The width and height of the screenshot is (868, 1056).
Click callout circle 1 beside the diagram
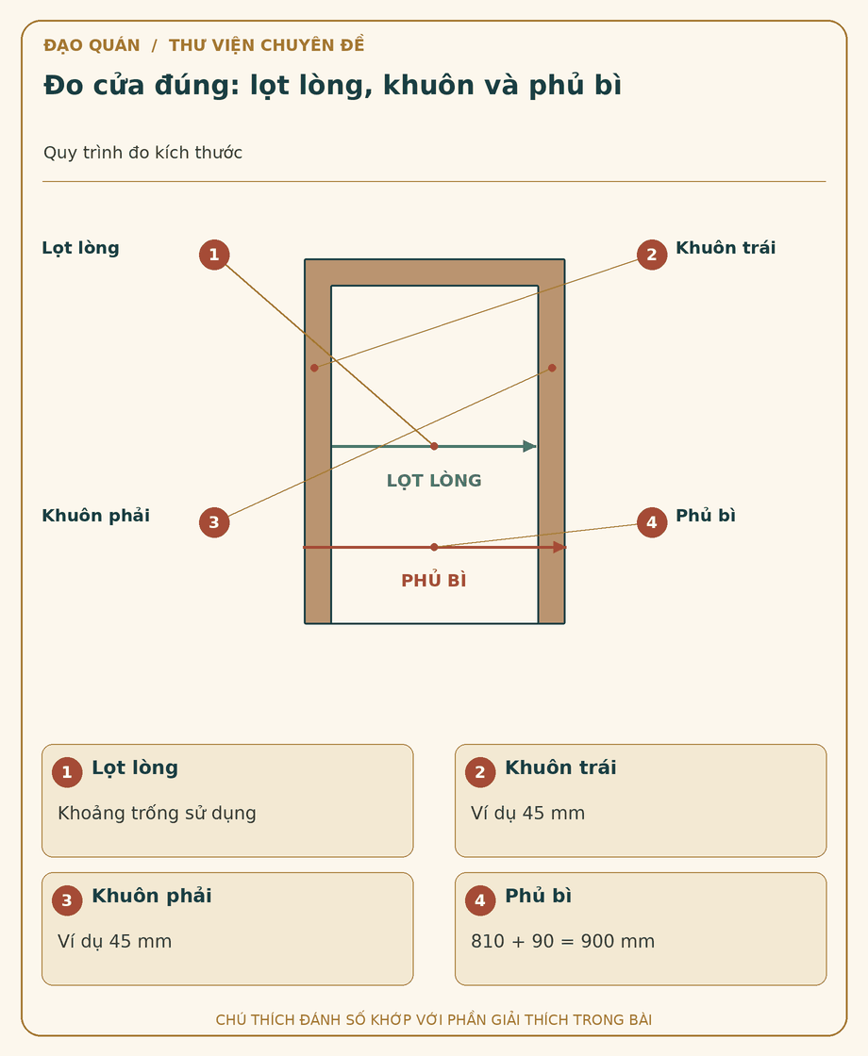(x=214, y=255)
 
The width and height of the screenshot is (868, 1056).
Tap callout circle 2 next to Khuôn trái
(x=652, y=255)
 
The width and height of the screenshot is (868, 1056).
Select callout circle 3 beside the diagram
(x=214, y=522)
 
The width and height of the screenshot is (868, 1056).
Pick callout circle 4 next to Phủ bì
(x=652, y=522)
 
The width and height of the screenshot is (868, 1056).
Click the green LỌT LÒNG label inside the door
(x=434, y=480)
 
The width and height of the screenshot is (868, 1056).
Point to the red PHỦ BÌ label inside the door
(x=434, y=580)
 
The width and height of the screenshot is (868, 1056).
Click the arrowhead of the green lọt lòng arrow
(x=530, y=446)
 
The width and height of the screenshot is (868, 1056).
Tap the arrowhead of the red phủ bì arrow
(x=559, y=548)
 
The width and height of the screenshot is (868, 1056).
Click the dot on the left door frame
(x=314, y=368)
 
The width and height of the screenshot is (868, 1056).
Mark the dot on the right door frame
(x=552, y=368)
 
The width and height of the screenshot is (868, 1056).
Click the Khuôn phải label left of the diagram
(x=95, y=516)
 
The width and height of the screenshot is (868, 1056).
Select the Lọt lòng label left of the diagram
(x=80, y=248)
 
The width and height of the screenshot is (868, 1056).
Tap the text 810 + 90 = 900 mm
(x=562, y=941)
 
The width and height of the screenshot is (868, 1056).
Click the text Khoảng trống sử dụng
(x=157, y=813)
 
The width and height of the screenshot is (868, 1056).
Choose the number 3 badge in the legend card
(x=67, y=900)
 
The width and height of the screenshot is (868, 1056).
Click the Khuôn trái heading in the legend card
(x=560, y=767)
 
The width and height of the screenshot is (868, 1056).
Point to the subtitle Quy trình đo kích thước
(x=142, y=152)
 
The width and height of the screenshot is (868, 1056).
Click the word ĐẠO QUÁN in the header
(x=92, y=45)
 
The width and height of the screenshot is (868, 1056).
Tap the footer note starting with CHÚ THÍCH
(x=434, y=1019)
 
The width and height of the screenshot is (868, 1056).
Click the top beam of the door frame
(x=435, y=272)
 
